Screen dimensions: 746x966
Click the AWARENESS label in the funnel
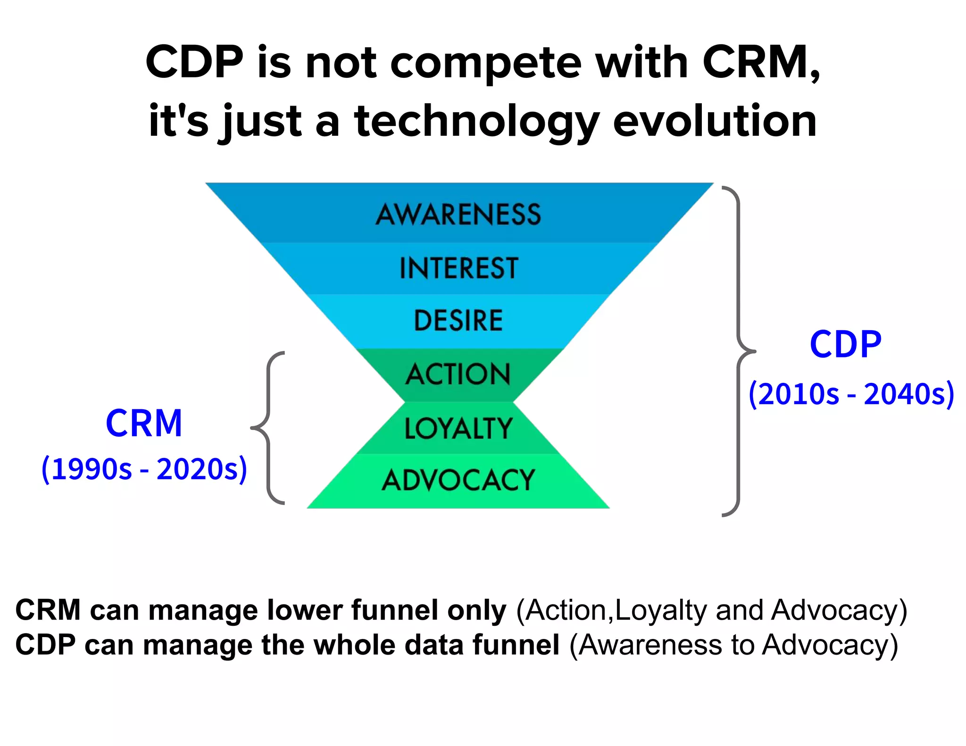tap(458, 215)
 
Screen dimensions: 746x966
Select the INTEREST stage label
tap(458, 268)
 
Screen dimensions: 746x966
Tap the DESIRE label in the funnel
tap(458, 321)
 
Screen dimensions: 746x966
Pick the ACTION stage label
tap(458, 374)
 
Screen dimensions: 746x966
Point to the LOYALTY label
tap(458, 429)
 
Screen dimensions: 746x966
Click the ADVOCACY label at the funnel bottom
tap(458, 481)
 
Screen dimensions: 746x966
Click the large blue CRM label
tap(144, 423)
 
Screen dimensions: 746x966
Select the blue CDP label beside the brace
tap(845, 344)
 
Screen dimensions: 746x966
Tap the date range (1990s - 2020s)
tap(144, 469)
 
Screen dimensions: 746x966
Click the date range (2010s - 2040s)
tap(851, 394)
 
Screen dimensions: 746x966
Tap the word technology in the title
tap(476, 122)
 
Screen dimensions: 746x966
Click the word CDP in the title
tap(194, 63)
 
